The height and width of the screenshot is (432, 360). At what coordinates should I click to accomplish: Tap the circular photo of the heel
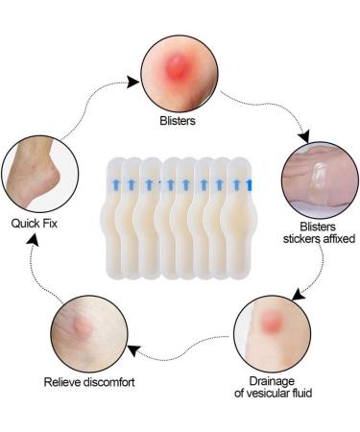coord(36,177)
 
